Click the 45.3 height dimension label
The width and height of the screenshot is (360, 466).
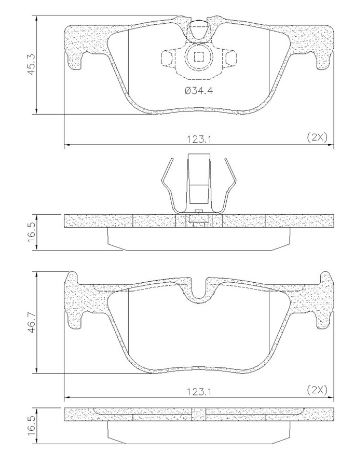tap(32, 65)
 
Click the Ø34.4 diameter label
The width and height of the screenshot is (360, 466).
tap(199, 90)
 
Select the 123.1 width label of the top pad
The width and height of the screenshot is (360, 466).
tap(200, 139)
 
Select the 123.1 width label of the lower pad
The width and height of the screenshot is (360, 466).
tap(200, 391)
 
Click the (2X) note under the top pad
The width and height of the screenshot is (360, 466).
tap(317, 137)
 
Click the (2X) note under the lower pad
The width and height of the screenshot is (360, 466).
tap(317, 389)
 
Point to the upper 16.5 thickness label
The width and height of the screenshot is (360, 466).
tap(32, 233)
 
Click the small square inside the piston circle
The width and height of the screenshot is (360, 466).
tap(199, 58)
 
